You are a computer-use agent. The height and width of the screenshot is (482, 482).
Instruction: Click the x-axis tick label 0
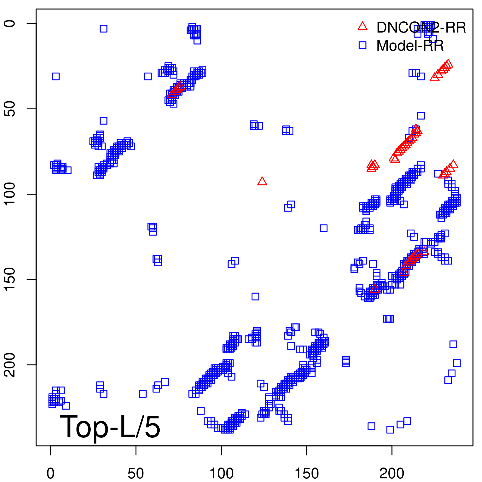pyautogui.click(x=51, y=474)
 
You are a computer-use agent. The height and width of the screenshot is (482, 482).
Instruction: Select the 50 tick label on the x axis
pyautogui.click(x=136, y=474)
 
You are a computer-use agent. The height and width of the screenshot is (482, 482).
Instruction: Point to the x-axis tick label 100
pyautogui.click(x=221, y=474)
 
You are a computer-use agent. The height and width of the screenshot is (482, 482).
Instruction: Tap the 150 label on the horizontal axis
pyautogui.click(x=307, y=474)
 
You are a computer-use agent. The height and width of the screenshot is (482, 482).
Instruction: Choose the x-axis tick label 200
pyautogui.click(x=392, y=474)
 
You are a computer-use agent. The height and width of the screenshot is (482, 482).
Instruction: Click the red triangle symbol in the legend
pyautogui.click(x=362, y=27)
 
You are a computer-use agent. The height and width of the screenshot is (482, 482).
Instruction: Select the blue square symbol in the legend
pyautogui.click(x=362, y=45)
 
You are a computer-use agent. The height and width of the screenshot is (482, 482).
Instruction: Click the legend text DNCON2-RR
pyautogui.click(x=421, y=28)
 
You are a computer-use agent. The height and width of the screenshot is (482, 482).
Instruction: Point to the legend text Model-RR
pyautogui.click(x=410, y=46)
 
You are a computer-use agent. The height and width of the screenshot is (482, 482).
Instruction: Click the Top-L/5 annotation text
pyautogui.click(x=110, y=427)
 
